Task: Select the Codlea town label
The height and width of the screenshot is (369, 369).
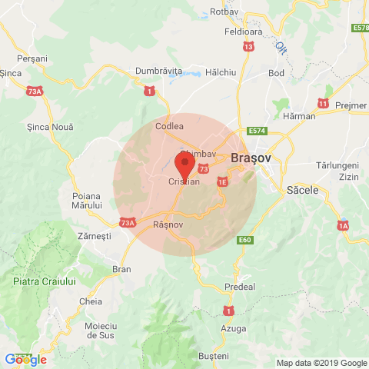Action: tap(169, 125)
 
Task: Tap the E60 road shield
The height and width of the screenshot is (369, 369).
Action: tap(244, 241)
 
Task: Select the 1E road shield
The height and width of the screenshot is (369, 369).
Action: tap(223, 181)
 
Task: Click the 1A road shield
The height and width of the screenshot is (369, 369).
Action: tap(343, 225)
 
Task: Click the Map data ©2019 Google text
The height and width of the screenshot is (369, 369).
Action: tap(321, 363)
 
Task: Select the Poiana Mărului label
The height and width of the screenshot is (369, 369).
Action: tap(87, 201)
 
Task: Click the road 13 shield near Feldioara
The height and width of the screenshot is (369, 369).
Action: tap(248, 47)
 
